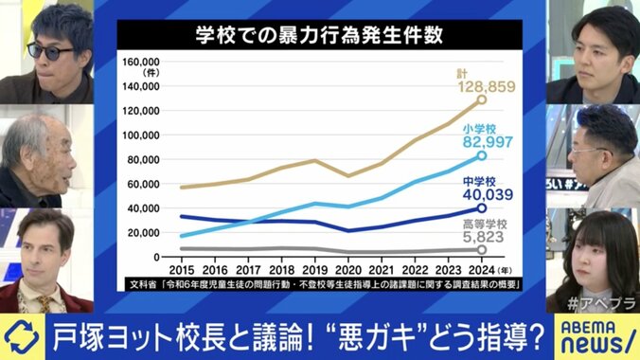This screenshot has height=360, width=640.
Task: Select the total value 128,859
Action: [490, 87]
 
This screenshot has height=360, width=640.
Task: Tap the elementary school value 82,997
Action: [489, 141]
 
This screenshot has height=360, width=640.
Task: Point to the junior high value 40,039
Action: [487, 194]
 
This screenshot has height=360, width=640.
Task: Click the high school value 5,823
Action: [488, 242]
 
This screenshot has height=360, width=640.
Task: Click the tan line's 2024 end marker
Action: [481, 99]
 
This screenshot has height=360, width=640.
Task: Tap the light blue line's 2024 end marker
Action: [481, 155]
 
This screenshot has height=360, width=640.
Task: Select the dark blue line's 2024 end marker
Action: [481, 207]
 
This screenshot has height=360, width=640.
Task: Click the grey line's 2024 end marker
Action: [481, 250]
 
